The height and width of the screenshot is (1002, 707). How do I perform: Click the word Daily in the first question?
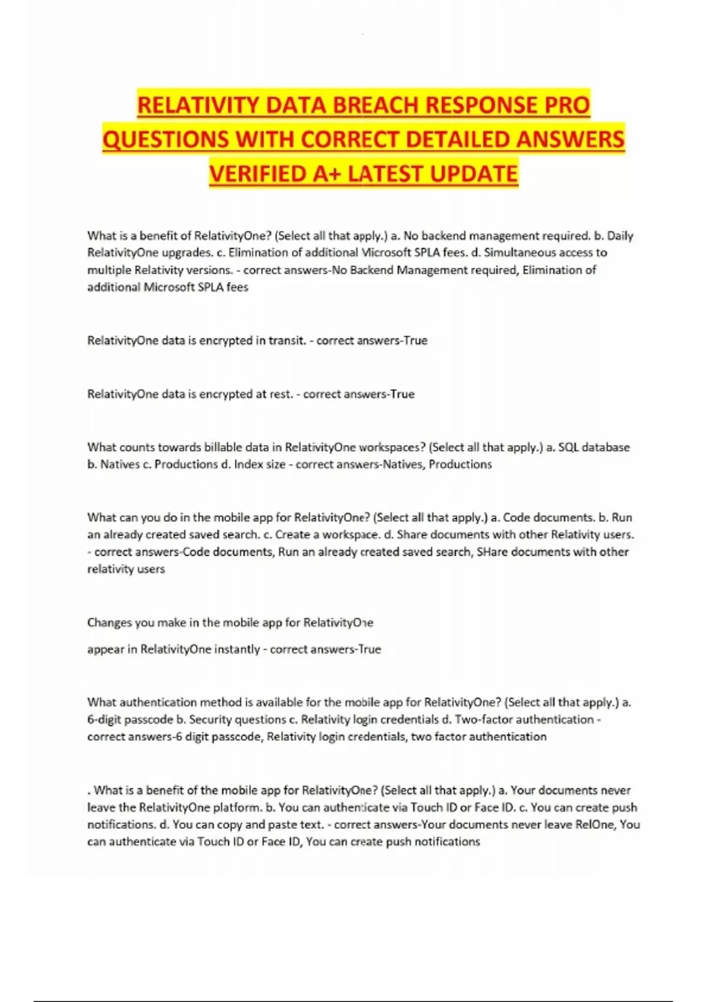(620, 236)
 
